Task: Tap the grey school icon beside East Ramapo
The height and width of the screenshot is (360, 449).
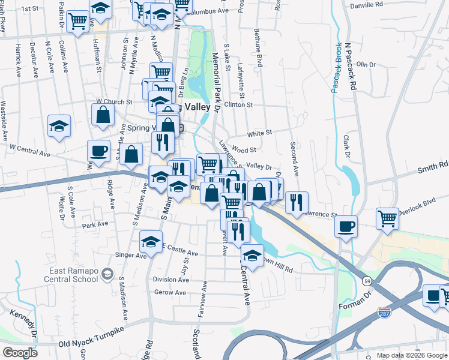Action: pyautogui.click(x=107, y=274)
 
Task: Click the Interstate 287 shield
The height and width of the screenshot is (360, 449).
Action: pyautogui.click(x=385, y=313)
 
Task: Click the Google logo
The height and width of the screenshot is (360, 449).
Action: pyautogui.click(x=19, y=352)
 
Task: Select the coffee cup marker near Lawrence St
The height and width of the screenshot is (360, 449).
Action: pyautogui.click(x=346, y=227)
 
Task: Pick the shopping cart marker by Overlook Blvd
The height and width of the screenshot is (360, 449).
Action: pyautogui.click(x=388, y=217)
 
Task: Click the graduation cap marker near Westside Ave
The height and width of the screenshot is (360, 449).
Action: pyautogui.click(x=59, y=126)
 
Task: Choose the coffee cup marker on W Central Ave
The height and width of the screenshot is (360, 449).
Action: pyautogui.click(x=98, y=151)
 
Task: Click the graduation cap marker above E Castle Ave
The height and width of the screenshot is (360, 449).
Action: pyautogui.click(x=151, y=242)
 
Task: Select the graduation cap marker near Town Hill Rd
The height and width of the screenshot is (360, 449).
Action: pyautogui.click(x=253, y=254)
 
